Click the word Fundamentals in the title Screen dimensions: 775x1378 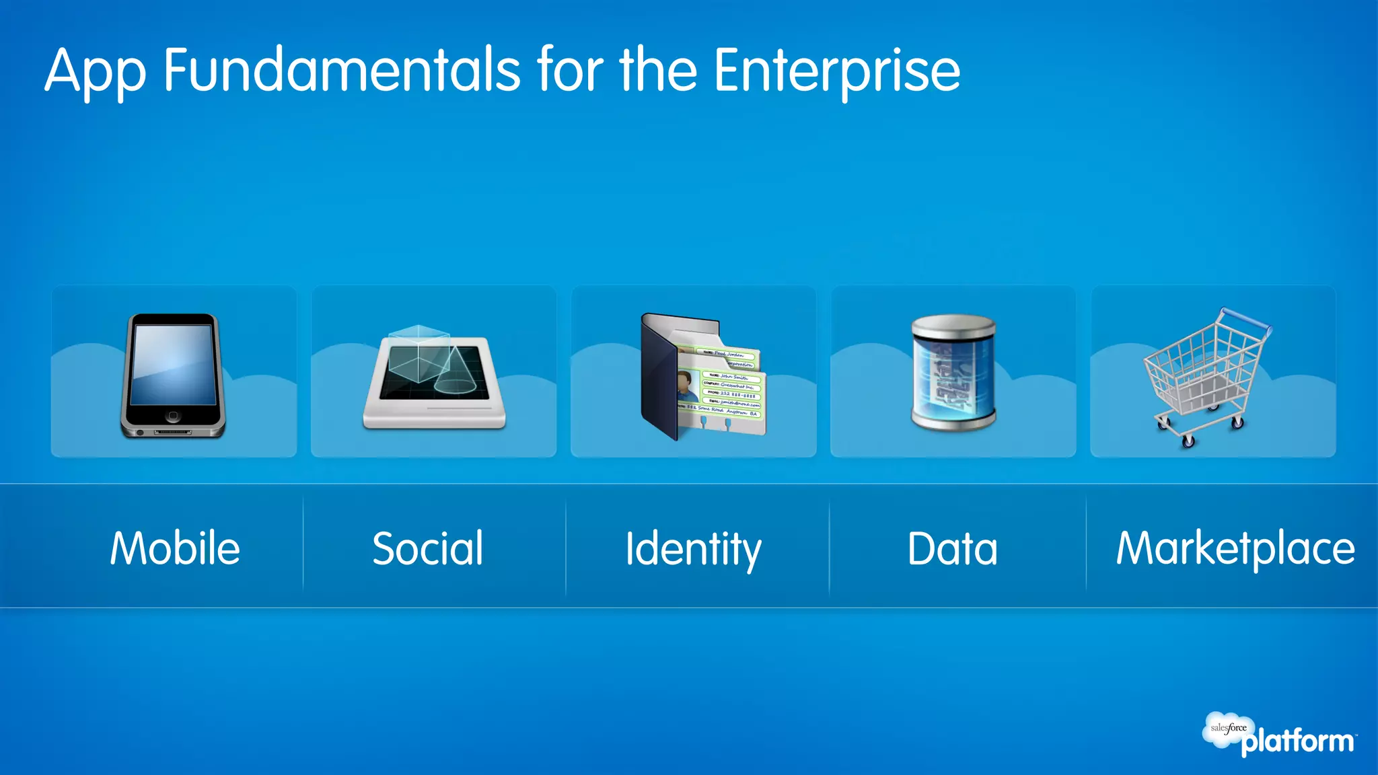(342, 70)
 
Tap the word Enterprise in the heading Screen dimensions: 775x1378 (836, 71)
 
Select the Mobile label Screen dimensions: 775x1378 (175, 548)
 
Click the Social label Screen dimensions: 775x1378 (428, 548)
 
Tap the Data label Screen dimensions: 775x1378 (952, 548)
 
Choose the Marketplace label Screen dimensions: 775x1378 (1235, 548)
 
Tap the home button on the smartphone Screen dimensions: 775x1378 (173, 416)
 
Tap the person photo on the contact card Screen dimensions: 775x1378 (687, 387)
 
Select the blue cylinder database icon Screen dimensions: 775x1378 (953, 373)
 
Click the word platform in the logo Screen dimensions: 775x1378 (1297, 741)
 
